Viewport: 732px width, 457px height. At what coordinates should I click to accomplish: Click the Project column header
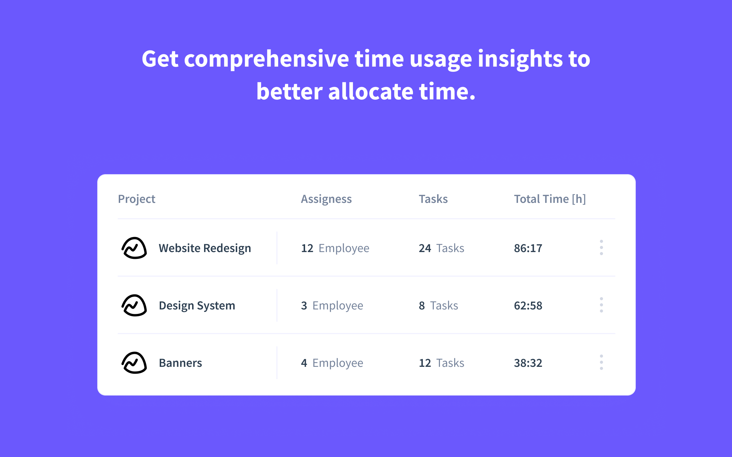137,199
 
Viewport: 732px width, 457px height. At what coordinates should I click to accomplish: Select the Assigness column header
326,199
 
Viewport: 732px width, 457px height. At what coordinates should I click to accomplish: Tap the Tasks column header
433,199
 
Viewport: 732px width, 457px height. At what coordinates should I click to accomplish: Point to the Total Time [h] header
549,199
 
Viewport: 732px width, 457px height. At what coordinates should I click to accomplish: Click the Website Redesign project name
205,248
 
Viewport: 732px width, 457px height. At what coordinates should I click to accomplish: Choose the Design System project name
197,305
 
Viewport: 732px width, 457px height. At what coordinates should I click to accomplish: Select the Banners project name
180,363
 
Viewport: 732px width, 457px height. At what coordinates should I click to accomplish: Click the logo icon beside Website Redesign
134,248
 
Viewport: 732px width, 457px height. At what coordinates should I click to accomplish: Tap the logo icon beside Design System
134,305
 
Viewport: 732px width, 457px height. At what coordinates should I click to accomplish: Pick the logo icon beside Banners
134,363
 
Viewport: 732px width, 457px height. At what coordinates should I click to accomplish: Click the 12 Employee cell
335,248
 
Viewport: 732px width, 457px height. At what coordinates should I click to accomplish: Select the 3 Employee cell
332,305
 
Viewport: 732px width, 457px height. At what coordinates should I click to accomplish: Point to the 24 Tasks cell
441,248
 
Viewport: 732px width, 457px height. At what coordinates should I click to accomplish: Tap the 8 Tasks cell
438,305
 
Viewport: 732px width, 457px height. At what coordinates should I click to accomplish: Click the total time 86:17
528,248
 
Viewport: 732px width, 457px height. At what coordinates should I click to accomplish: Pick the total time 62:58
528,305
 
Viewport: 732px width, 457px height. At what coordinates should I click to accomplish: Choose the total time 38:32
528,363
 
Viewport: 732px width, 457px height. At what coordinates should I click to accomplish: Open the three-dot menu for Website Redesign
601,248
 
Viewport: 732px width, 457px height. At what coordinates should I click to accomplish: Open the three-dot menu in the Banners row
601,362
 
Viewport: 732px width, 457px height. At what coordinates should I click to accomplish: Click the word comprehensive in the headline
266,59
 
